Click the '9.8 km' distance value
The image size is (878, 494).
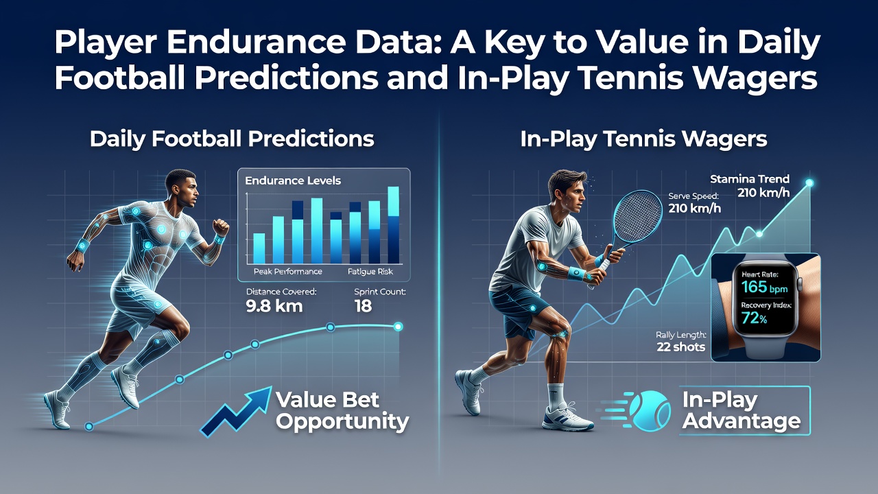[x=274, y=306]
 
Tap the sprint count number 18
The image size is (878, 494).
[x=363, y=306]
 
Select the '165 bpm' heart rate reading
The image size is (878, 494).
[x=764, y=287]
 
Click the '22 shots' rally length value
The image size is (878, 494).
[x=681, y=347]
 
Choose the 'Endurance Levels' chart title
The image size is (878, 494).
[x=293, y=180]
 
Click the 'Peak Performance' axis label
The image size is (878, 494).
[x=287, y=271]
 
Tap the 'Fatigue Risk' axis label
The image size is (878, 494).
[x=370, y=271]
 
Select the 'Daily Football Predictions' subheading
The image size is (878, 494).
[x=232, y=139]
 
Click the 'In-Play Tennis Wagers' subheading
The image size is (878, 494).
[x=643, y=139]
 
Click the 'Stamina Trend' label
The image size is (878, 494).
[x=750, y=179]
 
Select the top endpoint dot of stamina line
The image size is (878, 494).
[x=809, y=183]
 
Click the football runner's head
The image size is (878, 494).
[x=182, y=188]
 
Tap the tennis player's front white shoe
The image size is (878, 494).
[x=568, y=419]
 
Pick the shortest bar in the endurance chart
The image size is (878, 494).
[x=259, y=248]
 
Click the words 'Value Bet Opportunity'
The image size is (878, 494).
[x=342, y=410]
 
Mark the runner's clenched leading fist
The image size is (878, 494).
[x=220, y=227]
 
